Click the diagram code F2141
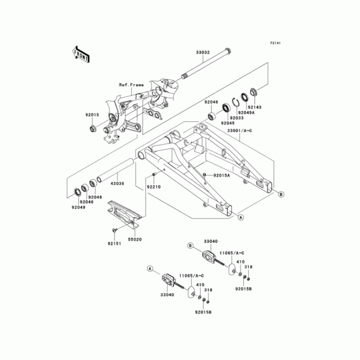(275, 43)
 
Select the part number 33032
(203, 52)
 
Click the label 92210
(153, 186)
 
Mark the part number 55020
(135, 240)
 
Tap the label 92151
(114, 244)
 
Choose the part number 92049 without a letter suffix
(78, 207)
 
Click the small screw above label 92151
(114, 230)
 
